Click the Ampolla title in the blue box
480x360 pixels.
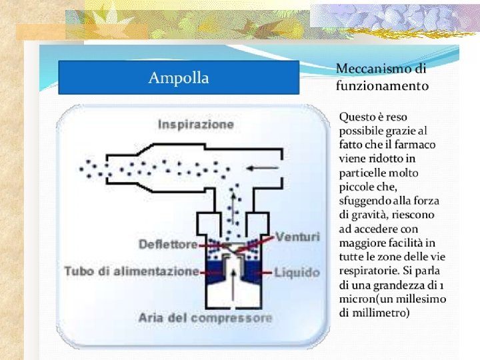[x=178, y=78]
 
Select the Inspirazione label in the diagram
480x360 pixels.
[x=196, y=125]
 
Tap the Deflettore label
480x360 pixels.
[x=168, y=244]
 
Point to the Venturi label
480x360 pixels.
[x=297, y=237]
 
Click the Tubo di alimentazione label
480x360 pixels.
[x=132, y=271]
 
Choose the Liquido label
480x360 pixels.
[x=297, y=273]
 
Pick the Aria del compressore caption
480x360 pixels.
[x=206, y=317]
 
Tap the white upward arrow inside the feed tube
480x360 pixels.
[x=233, y=274]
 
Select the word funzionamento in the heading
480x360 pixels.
[x=382, y=86]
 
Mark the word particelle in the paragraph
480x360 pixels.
[x=364, y=173]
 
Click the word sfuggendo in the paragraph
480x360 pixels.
[x=365, y=201]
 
